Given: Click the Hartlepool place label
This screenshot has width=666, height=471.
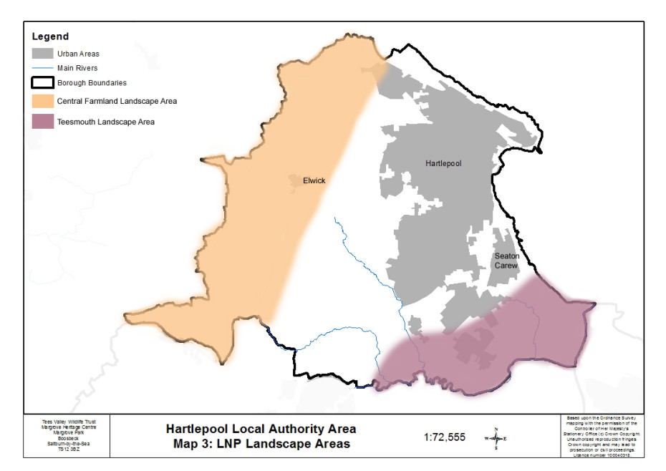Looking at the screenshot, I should click(x=441, y=164).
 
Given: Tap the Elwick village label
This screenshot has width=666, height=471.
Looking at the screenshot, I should click(x=314, y=181).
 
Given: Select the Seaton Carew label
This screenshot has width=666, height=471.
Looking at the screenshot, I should click(x=506, y=261).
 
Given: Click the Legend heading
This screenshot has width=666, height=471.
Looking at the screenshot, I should click(x=50, y=37).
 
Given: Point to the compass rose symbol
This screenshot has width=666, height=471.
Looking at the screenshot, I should click(x=496, y=437).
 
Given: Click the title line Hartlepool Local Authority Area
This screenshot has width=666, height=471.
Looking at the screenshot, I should click(x=261, y=429).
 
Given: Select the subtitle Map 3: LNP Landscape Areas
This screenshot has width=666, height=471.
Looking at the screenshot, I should click(x=261, y=444).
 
